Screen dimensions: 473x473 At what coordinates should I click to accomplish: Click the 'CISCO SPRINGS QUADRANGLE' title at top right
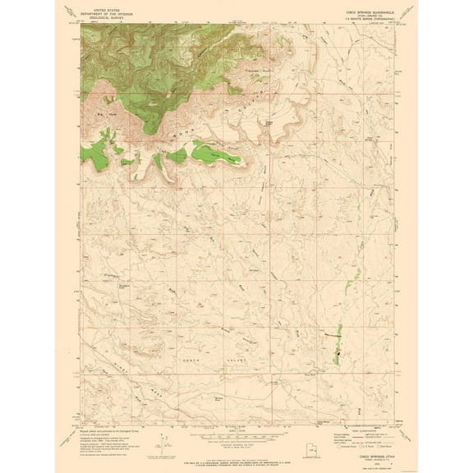pos(354,12)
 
